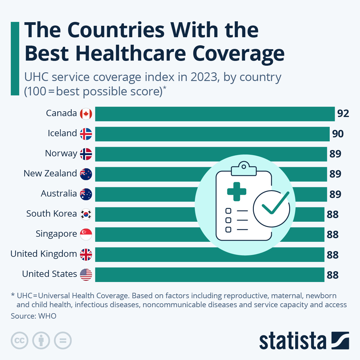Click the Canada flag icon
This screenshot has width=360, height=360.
tap(86, 114)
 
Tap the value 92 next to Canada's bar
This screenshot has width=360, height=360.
tap(343, 114)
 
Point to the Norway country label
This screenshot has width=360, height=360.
tap(61, 153)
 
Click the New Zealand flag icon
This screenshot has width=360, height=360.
tap(86, 174)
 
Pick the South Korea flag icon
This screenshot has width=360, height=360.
tap(86, 214)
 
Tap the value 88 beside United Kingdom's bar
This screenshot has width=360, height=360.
tap(332, 255)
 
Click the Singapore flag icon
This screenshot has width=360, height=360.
tap(86, 234)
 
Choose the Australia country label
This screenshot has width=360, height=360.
tap(59, 193)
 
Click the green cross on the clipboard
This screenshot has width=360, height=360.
tap(237, 191)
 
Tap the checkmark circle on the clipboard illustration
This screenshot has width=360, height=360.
tap(271, 208)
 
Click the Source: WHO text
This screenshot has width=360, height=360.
tap(34, 316)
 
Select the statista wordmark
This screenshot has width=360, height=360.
tap(292, 341)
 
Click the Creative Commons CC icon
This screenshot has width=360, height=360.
tap(19, 340)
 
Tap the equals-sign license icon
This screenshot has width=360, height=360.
tap(63, 340)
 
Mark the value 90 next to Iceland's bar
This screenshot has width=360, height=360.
tap(338, 134)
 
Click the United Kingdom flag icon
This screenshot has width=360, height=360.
tap(86, 254)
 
